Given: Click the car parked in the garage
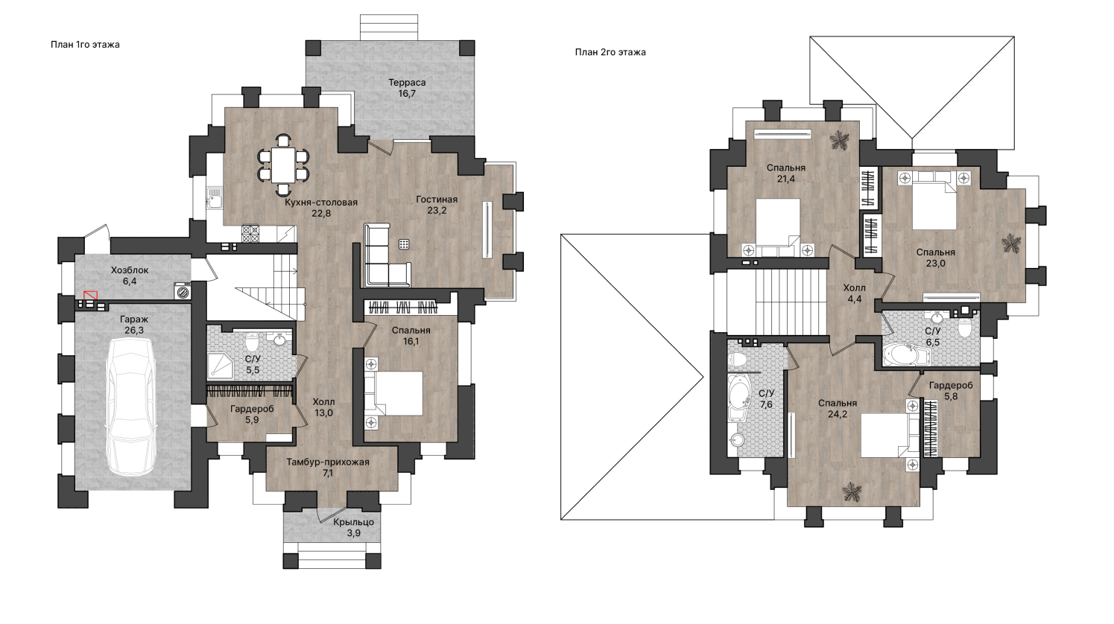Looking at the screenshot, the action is click(131, 407).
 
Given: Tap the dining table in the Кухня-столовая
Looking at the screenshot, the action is click(283, 165).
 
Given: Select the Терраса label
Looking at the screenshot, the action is click(407, 83).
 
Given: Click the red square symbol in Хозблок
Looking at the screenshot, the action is click(90, 295).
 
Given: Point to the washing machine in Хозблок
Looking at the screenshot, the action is click(183, 290).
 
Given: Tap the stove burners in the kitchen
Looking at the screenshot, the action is click(250, 234).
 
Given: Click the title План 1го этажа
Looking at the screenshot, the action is click(85, 45).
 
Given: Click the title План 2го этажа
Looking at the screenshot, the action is click(610, 52).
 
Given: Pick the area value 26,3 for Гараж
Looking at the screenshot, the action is click(134, 331).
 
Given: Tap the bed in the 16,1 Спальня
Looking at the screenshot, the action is click(393, 393).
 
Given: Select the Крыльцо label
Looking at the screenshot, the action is click(354, 523).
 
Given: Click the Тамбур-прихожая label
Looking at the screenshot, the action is click(328, 462).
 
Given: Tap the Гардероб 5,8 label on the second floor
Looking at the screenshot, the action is click(951, 390).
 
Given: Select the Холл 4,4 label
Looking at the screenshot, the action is click(855, 293).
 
